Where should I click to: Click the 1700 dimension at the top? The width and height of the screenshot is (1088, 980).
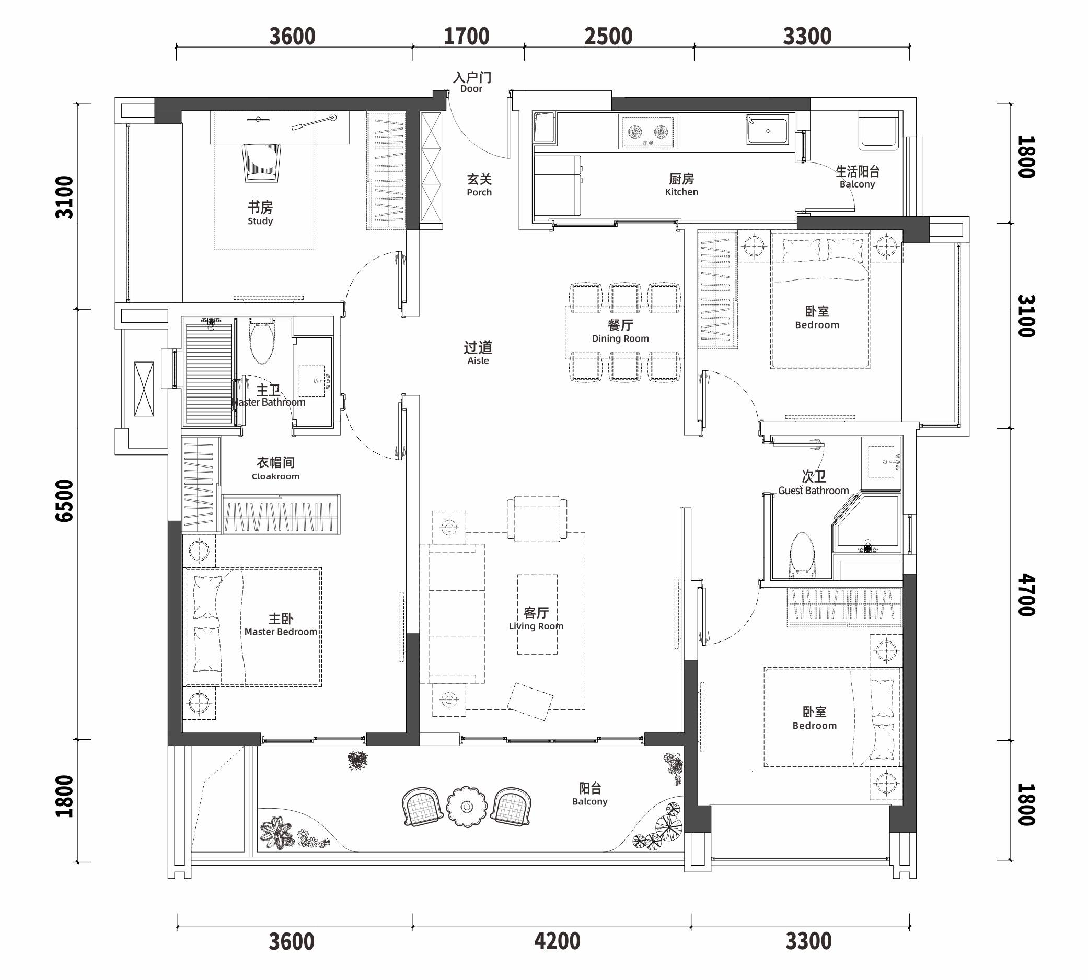pos(467,37)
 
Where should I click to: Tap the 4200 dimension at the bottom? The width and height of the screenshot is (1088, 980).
pos(557,941)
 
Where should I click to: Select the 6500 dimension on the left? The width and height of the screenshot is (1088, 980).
pos(64,501)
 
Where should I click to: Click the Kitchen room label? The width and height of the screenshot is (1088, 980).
pos(681,184)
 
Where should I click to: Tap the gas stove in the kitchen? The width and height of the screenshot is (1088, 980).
pos(648,132)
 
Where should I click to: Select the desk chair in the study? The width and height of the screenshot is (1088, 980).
pos(262,161)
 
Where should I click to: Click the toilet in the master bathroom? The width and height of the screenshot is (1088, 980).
pos(262,342)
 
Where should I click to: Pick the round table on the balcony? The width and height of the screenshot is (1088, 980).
pos(467,807)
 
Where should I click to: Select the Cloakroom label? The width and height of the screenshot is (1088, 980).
pos(275,468)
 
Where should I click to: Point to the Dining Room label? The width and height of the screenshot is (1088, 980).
pos(620,331)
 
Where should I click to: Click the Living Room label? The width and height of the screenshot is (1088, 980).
pos(536,618)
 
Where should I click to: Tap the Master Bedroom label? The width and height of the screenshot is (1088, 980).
pos(281,625)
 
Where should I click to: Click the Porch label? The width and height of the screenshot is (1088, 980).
pos(479,184)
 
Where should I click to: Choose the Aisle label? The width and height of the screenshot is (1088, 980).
pos(478,353)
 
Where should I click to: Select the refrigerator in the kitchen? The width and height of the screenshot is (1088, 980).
pos(558,185)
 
